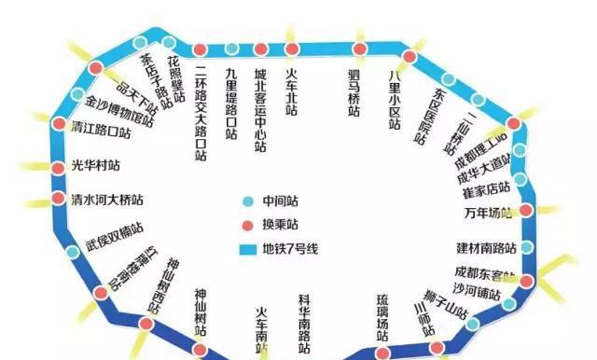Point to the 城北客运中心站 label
pos(261,110)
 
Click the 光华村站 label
pos(96,166)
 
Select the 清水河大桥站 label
pos(107,200)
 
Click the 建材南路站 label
pos(486,247)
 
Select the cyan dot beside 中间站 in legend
pos(247,201)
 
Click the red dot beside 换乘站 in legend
pos(247,225)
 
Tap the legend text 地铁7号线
pos(293,250)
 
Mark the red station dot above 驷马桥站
pos(359,48)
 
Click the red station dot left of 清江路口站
pos(59,124)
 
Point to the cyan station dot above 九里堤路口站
pos(231,49)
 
